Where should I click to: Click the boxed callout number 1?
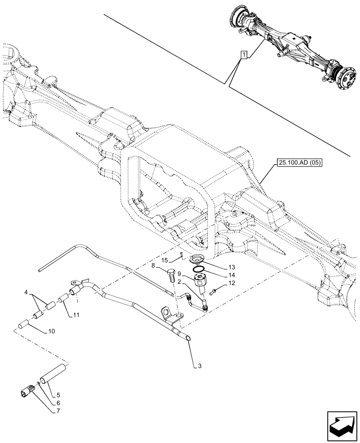243,54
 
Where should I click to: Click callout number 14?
231,275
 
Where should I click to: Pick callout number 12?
231,283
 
